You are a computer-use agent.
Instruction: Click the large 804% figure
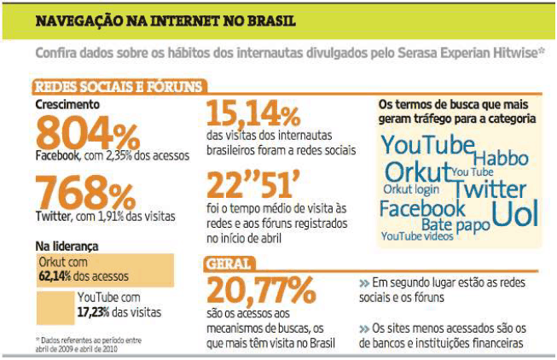pos(88,133)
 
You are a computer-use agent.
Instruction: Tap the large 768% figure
pos(88,193)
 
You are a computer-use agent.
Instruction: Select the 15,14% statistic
pos(254,113)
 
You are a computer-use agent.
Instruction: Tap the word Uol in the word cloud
pos(515,212)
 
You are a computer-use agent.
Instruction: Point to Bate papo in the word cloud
pos(456,225)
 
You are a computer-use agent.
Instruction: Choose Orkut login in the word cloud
pos(411,189)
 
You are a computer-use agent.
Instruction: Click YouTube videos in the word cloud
pos(417,236)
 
